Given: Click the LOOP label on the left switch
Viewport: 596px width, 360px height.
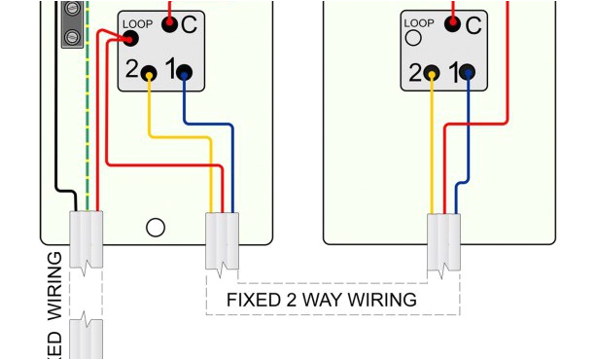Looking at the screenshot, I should (137, 22).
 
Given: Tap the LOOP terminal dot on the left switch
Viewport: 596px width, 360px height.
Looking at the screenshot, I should (130, 38).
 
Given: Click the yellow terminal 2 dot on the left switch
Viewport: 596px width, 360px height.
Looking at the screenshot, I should (149, 72).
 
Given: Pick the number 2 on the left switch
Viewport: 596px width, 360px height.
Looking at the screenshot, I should (132, 70).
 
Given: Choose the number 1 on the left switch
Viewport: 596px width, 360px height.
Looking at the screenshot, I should (168, 70).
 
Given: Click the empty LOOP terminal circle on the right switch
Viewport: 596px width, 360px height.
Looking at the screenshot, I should (413, 39).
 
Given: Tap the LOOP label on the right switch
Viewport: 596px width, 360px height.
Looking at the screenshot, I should (419, 22).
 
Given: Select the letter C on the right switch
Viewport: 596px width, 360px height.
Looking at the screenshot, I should (473, 26).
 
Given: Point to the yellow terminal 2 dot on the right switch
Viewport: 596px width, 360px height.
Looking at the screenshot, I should (432, 72).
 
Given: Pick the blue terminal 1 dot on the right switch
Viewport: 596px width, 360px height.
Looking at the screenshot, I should (467, 72).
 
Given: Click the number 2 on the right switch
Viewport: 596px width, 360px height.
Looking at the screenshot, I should (415, 72).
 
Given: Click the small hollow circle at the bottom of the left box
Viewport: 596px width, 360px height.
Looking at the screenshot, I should (155, 228).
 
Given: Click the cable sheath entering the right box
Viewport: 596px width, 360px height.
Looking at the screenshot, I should (444, 242).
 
